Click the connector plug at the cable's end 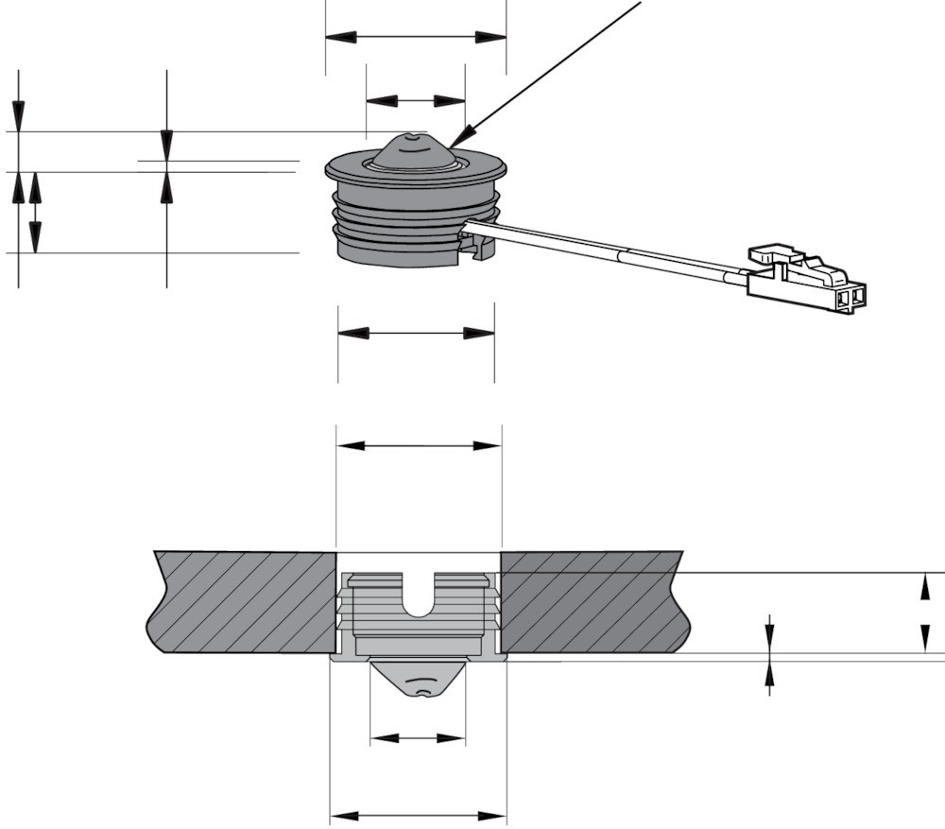[x=808, y=284]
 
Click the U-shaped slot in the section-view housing [x=420, y=596]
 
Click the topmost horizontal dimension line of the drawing [x=416, y=37]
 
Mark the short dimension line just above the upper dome [x=415, y=100]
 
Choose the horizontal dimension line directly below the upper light [x=416, y=333]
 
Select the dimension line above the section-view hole [x=419, y=445]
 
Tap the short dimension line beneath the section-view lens [x=418, y=738]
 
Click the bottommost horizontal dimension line [x=418, y=815]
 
